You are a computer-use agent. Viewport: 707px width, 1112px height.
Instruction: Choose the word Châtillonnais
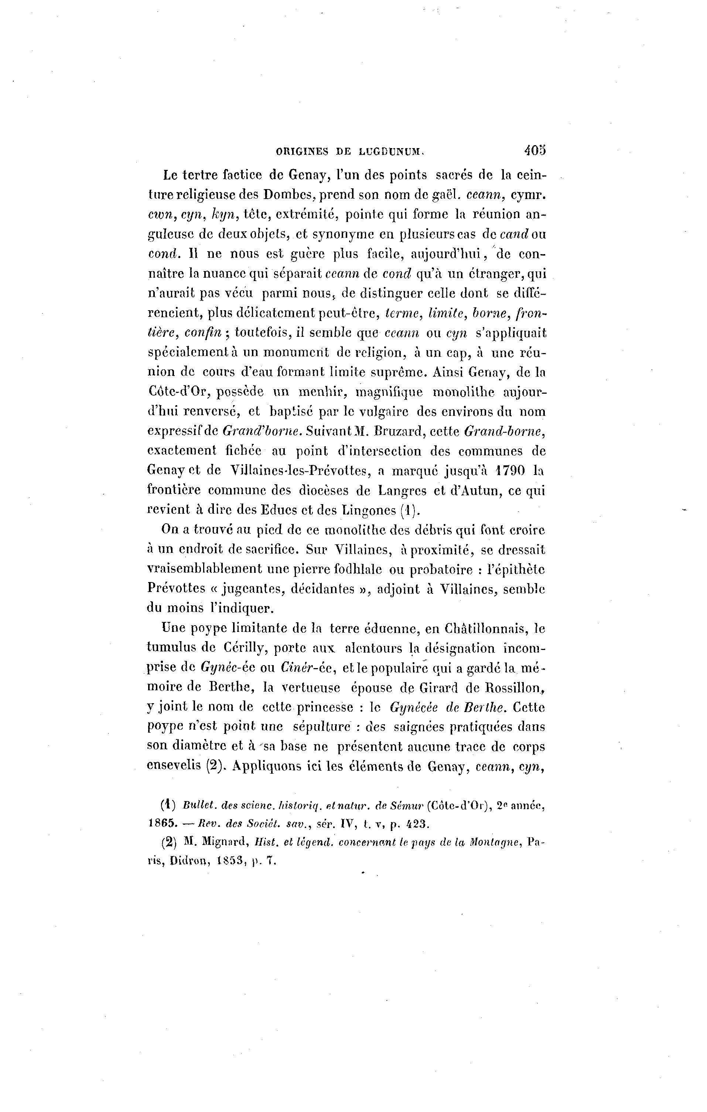(x=484, y=629)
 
